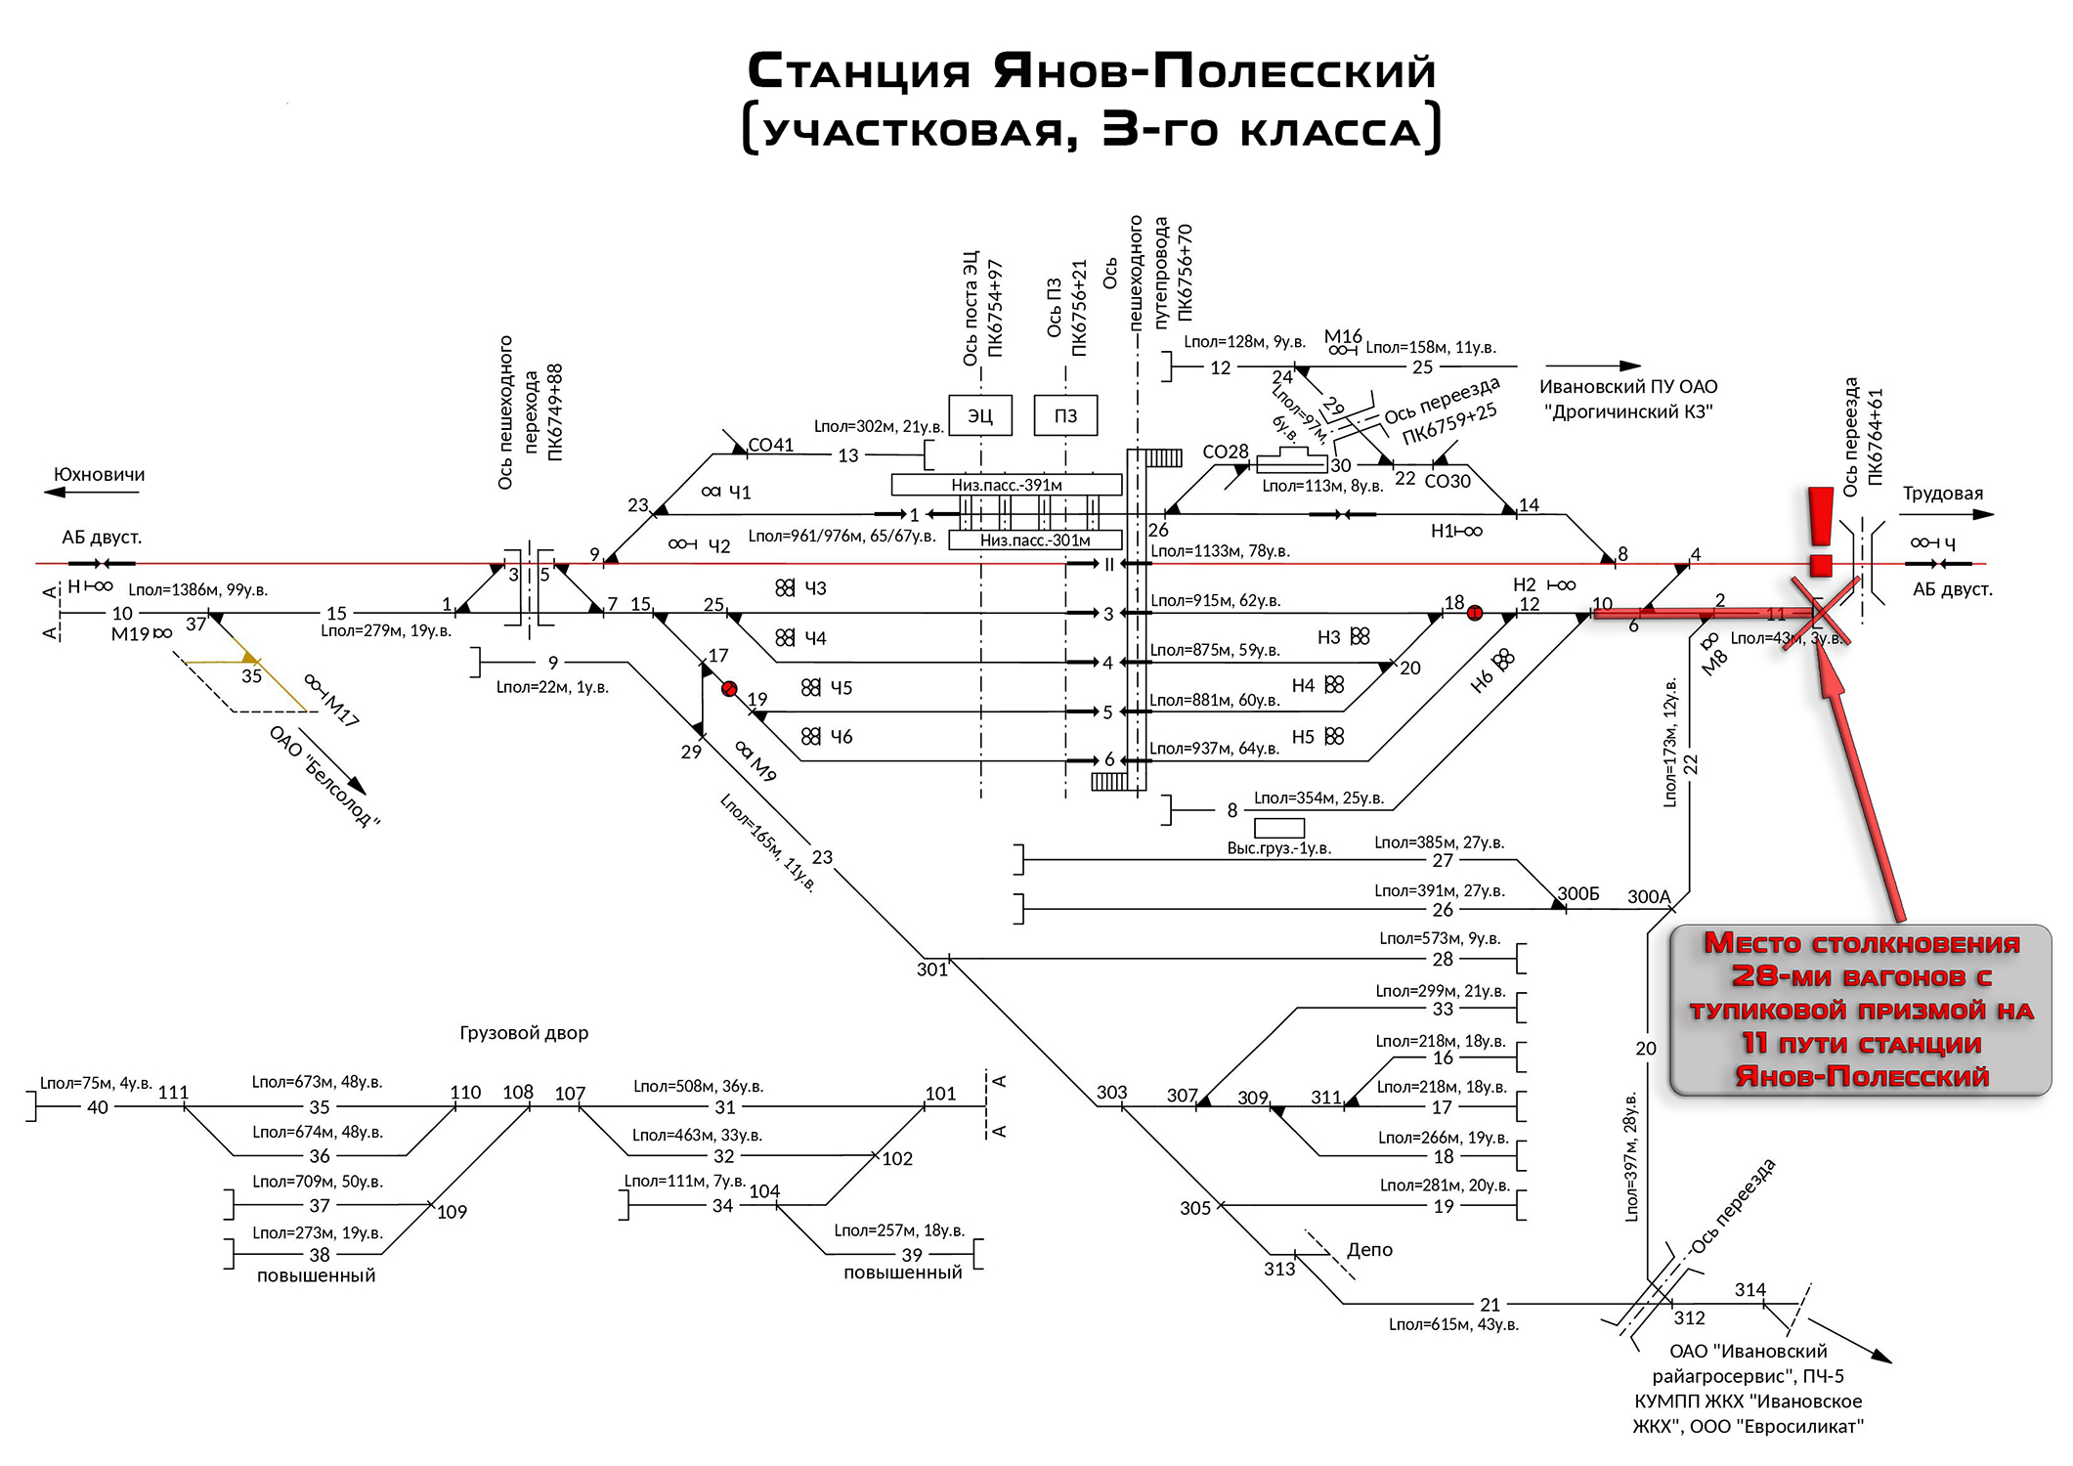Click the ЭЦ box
tap(979, 415)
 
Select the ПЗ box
tap(1065, 415)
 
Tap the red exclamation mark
tap(1820, 532)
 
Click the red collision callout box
tap(1861, 1010)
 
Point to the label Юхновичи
tap(100, 475)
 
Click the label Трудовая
tap(1942, 494)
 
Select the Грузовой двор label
tap(524, 1033)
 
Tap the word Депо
tap(1369, 1250)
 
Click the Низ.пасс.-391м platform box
tap(1007, 485)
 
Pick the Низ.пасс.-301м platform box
tap(1035, 539)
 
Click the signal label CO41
tap(771, 446)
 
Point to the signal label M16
tap(1343, 336)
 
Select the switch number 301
tap(932, 970)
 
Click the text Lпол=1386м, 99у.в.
tap(198, 590)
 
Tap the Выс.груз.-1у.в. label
tap(1279, 848)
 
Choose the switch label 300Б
tap(1578, 894)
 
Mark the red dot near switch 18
tap(1475, 613)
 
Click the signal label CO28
tap(1226, 453)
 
